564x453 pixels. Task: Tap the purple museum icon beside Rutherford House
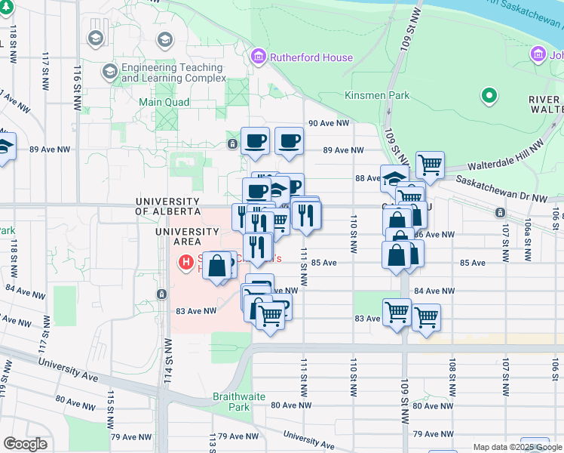[x=259, y=57]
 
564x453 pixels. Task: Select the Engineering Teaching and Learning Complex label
[x=173, y=72]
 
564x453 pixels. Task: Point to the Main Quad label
[x=164, y=102]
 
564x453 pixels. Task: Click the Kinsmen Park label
[x=377, y=96]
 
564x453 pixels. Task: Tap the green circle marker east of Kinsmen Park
[x=489, y=96]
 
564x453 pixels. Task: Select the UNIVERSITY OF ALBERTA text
[x=167, y=206]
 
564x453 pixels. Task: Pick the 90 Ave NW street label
[x=329, y=123]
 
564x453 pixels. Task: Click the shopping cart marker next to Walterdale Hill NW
[x=429, y=164]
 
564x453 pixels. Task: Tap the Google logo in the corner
[x=25, y=444]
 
